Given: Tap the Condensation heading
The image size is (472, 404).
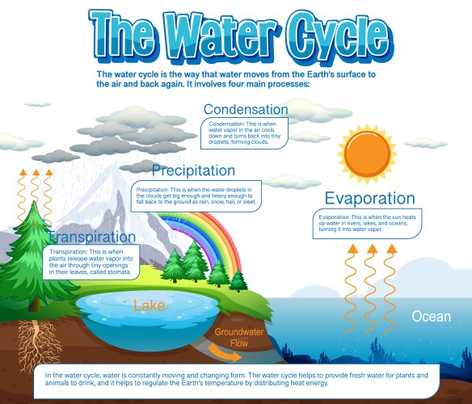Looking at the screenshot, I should pos(246,109).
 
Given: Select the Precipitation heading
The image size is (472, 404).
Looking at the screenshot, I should pos(193,170).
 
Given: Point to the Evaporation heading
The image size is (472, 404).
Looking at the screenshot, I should pos(369,199).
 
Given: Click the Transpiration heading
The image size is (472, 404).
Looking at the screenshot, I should pos(91,237).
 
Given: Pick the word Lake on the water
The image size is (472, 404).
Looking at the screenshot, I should pos(150,305).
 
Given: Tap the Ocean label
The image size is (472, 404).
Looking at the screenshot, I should pos(431,316).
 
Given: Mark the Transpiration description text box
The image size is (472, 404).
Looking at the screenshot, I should pos(91,262).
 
